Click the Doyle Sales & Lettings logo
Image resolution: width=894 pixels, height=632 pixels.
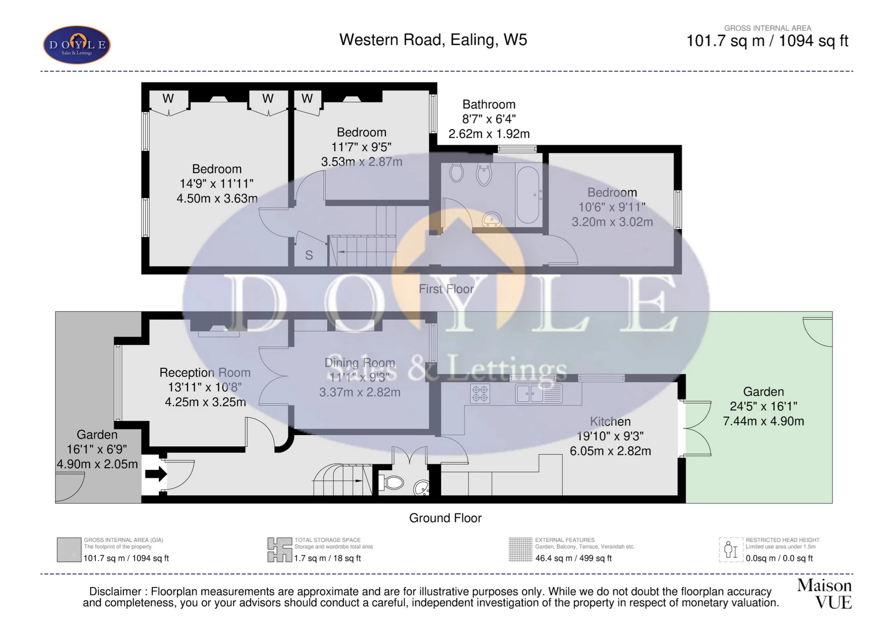coord(76,45)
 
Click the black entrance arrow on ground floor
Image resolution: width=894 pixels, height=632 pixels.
coord(156,474)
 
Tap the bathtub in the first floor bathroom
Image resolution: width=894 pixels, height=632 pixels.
coord(528,195)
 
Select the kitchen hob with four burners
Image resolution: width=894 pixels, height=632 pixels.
coord(480,393)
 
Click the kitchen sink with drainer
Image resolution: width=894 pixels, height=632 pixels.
coord(539,394)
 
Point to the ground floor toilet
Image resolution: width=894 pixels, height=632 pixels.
coord(392,483)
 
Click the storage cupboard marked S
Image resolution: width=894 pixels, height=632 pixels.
coord(309,255)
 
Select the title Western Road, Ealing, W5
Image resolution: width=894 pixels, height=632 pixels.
coord(433,40)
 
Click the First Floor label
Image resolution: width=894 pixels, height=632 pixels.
coord(446,289)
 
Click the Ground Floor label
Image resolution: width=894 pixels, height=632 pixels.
coord(445,518)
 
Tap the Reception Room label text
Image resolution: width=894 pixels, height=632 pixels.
coord(205,373)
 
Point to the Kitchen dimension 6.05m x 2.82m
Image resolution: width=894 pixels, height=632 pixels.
coord(610,451)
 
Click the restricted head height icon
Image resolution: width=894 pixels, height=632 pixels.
coord(731,550)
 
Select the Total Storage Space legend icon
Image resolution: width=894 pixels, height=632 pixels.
coord(279,550)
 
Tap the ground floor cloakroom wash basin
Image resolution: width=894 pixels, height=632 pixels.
coord(421,488)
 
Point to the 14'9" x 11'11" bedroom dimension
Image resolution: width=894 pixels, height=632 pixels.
coord(216,184)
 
